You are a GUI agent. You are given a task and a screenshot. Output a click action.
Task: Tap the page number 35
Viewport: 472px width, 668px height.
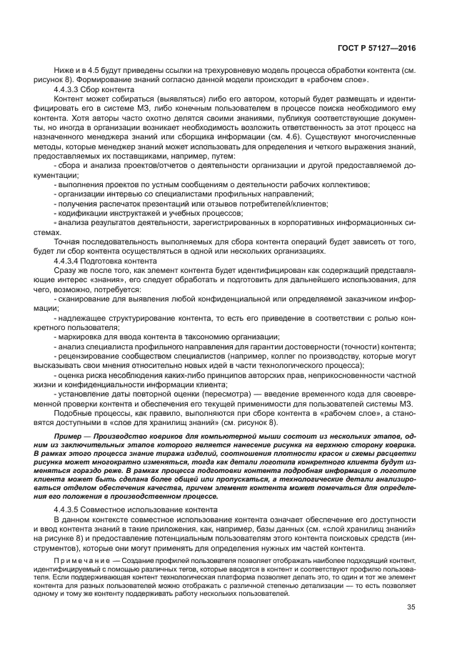coord(411,607)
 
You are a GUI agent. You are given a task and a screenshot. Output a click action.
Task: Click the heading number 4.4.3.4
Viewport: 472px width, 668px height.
coord(69,262)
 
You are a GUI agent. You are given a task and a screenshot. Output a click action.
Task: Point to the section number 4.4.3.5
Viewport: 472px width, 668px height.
coord(69,509)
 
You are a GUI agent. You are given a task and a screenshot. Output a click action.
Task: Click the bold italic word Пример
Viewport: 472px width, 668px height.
coord(69,435)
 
